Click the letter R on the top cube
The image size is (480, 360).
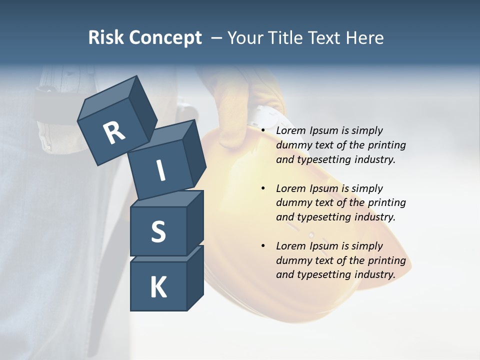(x=114, y=133)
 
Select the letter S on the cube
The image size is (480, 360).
(x=158, y=231)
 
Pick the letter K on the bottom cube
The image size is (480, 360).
(x=158, y=287)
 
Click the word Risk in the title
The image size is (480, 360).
(x=106, y=37)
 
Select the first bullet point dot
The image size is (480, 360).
(x=263, y=130)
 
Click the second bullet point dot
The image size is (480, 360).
(x=263, y=188)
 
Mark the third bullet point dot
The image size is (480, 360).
(x=263, y=246)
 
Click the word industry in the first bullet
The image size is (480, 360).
(x=375, y=159)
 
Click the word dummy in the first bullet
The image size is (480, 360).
(x=293, y=145)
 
